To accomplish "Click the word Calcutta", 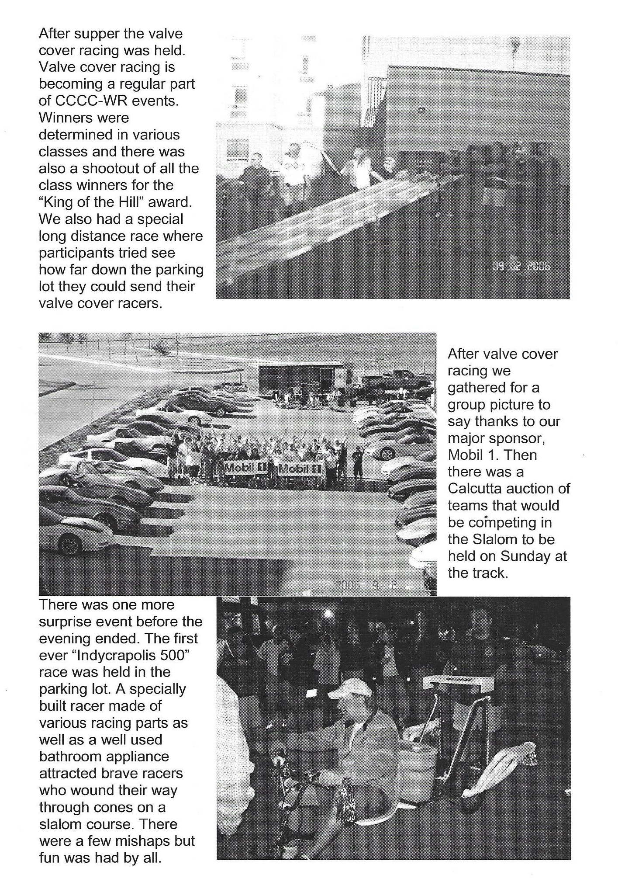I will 475,489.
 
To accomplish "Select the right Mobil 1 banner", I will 300,469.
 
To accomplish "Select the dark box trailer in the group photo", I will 304,377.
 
